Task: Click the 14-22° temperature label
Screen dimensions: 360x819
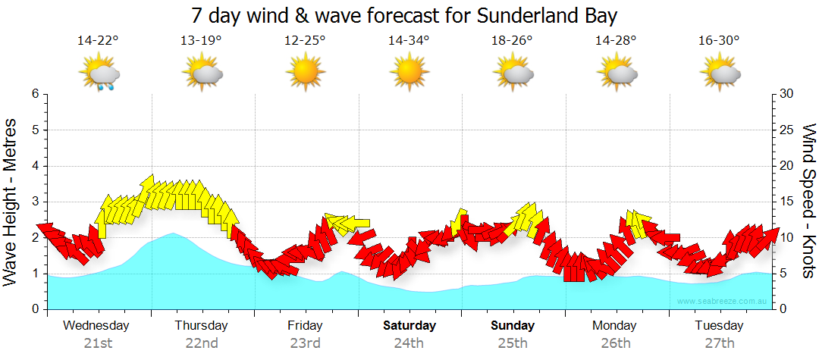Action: (x=98, y=41)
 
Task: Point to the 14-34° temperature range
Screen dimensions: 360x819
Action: (x=409, y=41)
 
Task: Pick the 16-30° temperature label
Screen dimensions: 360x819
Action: (x=719, y=41)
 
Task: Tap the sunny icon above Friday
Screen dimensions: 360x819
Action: (x=305, y=73)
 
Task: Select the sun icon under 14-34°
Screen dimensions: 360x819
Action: (x=409, y=73)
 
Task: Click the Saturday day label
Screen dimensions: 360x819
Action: (x=409, y=326)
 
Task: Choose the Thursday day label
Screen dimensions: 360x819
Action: (x=201, y=326)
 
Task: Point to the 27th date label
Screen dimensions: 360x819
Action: (x=719, y=343)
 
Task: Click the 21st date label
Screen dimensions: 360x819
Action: (x=98, y=343)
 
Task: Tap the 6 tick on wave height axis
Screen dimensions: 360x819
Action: (x=34, y=94)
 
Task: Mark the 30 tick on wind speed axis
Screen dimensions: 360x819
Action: (x=787, y=94)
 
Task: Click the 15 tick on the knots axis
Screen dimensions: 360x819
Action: (x=787, y=202)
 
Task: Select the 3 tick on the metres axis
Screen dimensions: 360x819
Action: (x=34, y=202)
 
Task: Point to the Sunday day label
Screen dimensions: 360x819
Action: (x=513, y=326)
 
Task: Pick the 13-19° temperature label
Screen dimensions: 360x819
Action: (x=202, y=41)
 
